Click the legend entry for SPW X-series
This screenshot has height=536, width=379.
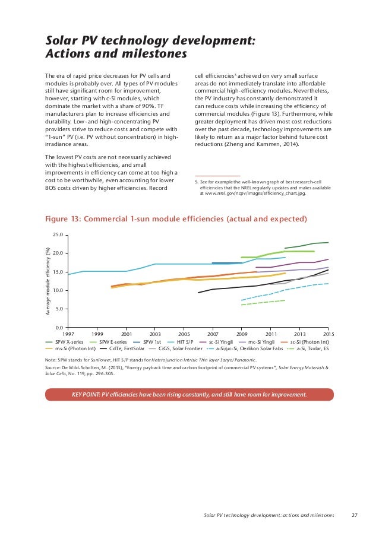65,342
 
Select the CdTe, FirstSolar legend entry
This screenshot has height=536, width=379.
122,348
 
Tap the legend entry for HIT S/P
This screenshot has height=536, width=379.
180,342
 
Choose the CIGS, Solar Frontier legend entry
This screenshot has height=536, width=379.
176,348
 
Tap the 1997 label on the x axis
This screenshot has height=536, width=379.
68,334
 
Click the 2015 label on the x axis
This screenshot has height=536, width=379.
329,334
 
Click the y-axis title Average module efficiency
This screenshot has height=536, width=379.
48,281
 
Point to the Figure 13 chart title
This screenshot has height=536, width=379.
176,219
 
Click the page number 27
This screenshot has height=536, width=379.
355,515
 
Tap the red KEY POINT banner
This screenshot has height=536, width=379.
189,395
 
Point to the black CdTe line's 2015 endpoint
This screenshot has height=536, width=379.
328,270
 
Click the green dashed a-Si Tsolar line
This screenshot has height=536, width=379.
263,303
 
